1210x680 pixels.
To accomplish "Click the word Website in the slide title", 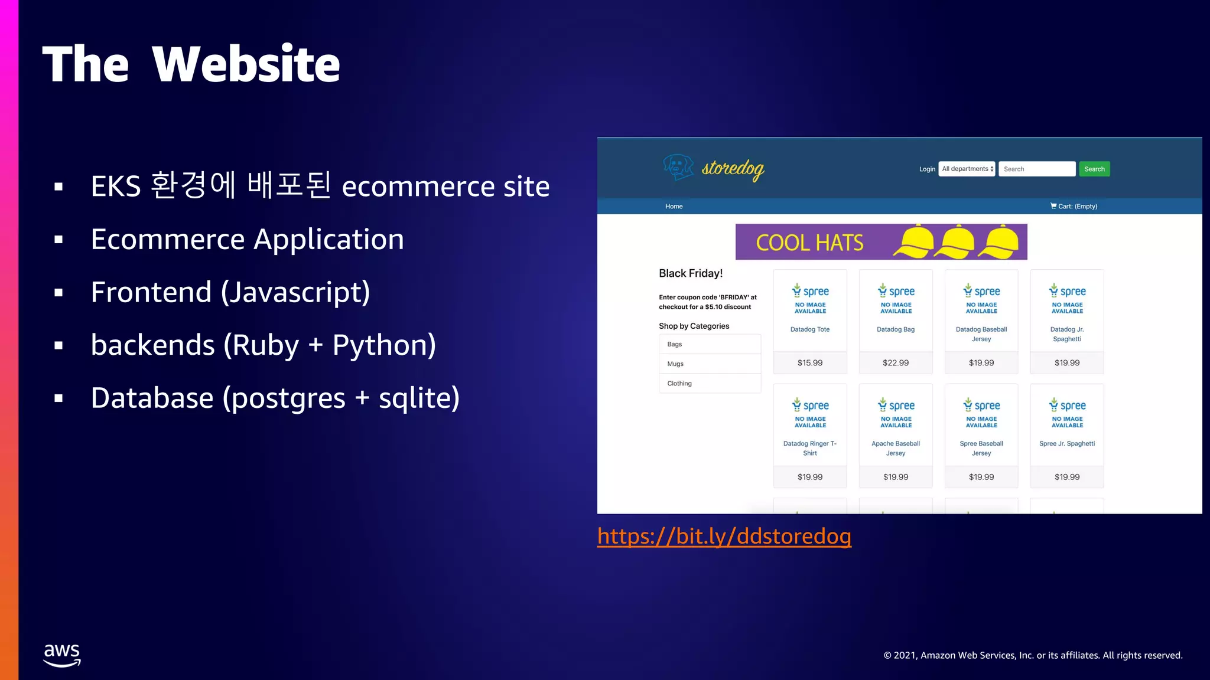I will coord(246,64).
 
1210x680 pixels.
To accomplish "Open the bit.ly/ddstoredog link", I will coord(724,536).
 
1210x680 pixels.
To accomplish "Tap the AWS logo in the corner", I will coord(62,655).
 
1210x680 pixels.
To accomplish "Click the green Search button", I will coord(1094,169).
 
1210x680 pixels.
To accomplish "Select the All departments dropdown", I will coord(967,169).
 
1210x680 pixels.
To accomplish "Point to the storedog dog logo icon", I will coord(678,167).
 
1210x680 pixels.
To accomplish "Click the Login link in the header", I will coord(927,169).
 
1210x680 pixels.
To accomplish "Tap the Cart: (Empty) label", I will coord(1074,206).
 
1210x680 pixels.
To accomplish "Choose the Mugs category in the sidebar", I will coord(675,364).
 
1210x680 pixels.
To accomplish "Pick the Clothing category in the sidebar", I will coord(679,383).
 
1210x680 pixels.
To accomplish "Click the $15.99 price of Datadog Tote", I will coord(809,363).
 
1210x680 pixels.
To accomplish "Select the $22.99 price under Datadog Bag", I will coord(896,363).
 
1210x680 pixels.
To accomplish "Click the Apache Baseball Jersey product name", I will coord(896,448).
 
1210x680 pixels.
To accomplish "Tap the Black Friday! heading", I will coord(691,273).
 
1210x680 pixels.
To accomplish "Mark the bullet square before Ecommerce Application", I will coord(58,240).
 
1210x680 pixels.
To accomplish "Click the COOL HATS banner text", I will coord(809,243).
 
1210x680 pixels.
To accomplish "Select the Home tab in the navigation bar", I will coord(674,206).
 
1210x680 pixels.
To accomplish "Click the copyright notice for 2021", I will coord(1033,655).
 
